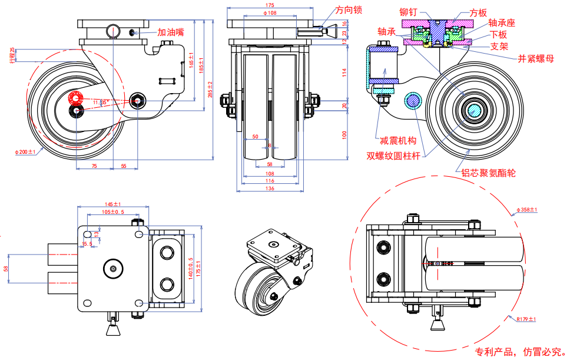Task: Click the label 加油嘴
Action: (x=171, y=33)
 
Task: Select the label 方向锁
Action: (x=349, y=10)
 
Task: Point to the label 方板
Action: (x=478, y=12)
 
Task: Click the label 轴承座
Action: (x=501, y=24)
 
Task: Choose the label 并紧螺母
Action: (x=535, y=59)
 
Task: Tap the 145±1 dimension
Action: (x=113, y=204)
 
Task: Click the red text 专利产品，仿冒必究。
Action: (x=518, y=352)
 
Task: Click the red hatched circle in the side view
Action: (x=76, y=98)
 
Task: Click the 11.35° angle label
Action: (x=101, y=102)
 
